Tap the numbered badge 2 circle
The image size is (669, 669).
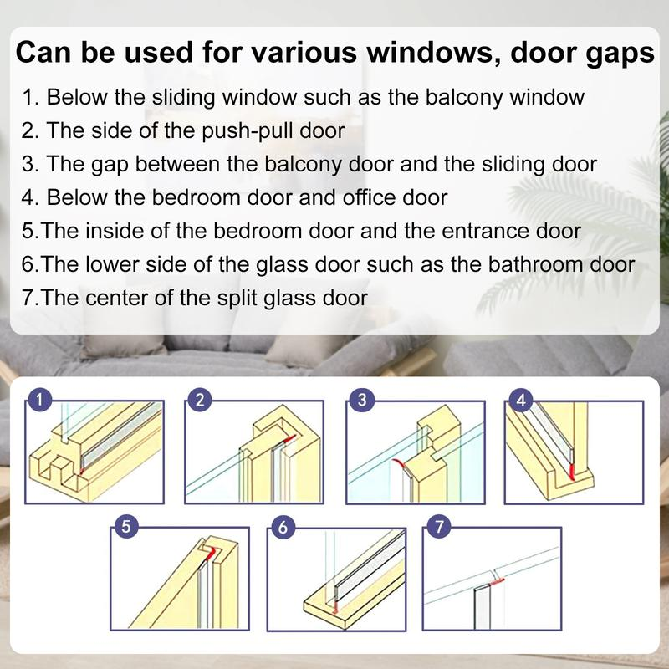click(198, 400)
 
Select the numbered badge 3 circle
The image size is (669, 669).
click(360, 400)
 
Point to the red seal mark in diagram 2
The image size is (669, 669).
click(290, 437)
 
